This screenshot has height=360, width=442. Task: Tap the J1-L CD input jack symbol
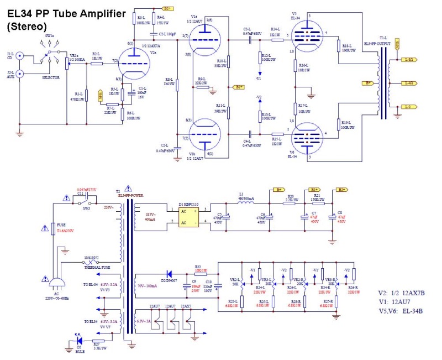pos(19,56)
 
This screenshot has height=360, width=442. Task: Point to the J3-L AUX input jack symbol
pos(19,73)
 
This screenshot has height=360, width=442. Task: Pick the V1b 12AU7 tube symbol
pos(202,134)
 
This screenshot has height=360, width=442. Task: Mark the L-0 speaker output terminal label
pos(409,106)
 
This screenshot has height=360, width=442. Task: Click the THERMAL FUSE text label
pos(99,268)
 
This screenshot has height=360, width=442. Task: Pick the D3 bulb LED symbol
pos(79,341)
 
